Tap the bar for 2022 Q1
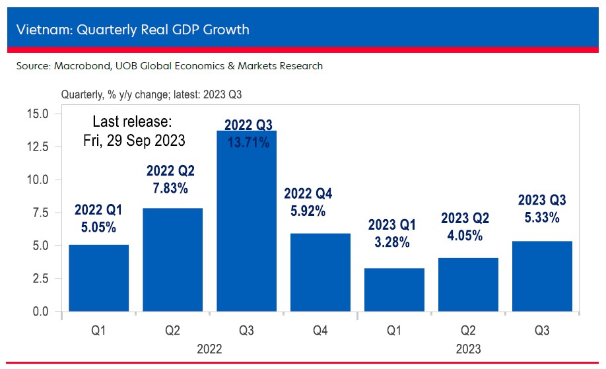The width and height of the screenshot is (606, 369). [x=99, y=277]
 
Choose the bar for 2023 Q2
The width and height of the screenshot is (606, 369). [x=469, y=285]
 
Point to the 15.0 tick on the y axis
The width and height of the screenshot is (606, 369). [x=36, y=114]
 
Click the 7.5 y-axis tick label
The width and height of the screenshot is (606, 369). [x=39, y=213]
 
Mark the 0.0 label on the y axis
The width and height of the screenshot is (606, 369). [x=39, y=312]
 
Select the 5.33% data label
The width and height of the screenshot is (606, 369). [x=542, y=218]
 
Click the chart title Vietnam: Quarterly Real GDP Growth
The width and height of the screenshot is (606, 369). [x=133, y=30]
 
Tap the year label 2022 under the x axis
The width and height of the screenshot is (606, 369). [x=209, y=349]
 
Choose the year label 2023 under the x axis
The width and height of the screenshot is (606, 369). [x=467, y=349]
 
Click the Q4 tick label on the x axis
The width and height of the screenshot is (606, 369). [x=321, y=331]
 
